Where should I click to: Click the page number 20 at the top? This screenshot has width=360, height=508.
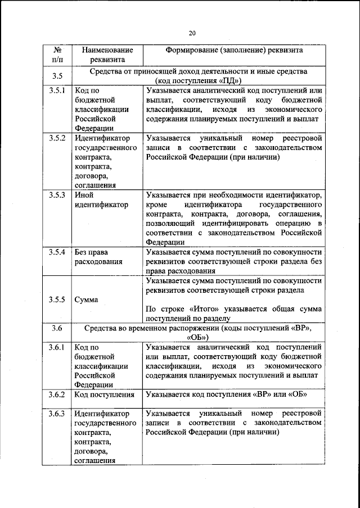(x=192, y=33)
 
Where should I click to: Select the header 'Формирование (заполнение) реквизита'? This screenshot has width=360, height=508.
(x=233, y=50)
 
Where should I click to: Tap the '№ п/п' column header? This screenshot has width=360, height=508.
(x=56, y=55)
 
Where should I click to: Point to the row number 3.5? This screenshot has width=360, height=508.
(x=56, y=76)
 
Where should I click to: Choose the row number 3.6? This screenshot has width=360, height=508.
(x=56, y=328)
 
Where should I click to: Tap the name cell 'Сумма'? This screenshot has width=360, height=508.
(x=86, y=300)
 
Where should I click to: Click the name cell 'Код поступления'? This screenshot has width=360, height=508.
(x=104, y=394)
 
